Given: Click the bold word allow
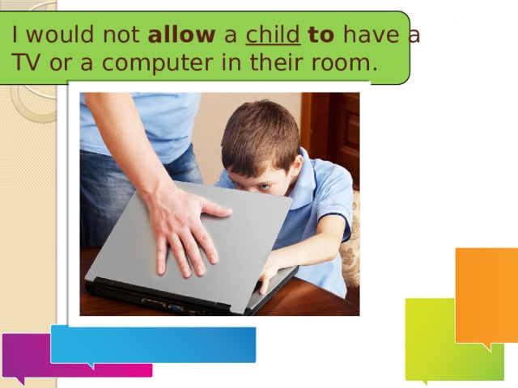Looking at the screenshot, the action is (x=181, y=35).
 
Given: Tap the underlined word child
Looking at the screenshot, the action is (x=273, y=35).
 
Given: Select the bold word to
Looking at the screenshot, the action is (x=321, y=35).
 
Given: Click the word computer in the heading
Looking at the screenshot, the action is (x=157, y=63).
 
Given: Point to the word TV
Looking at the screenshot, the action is (x=26, y=62).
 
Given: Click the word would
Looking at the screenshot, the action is (x=62, y=35).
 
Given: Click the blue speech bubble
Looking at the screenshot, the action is (x=153, y=345).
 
